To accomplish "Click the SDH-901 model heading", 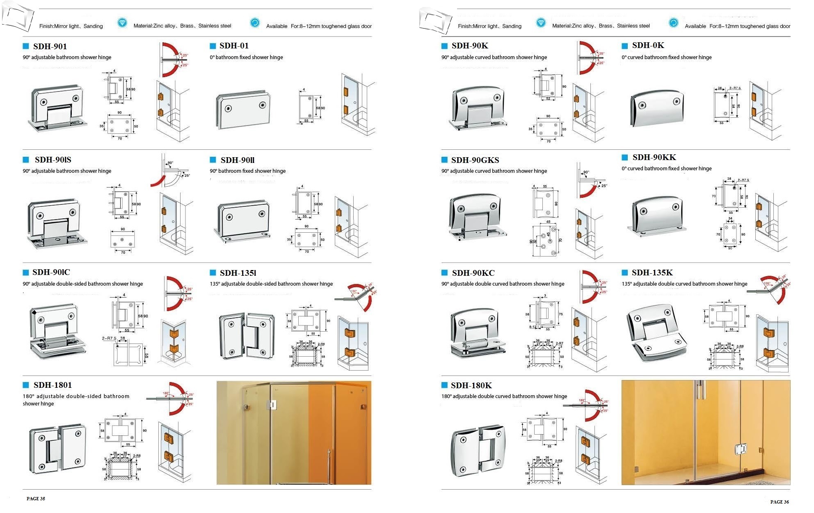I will [x=50, y=46].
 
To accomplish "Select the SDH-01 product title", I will [x=234, y=46].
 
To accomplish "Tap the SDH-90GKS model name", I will [x=475, y=160].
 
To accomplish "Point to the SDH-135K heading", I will [x=652, y=273].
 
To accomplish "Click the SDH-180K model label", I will [x=471, y=385].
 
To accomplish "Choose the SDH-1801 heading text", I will [x=53, y=385].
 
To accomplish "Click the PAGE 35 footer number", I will [x=36, y=499].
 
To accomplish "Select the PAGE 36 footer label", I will [x=779, y=502].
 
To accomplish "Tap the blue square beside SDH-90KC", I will [x=444, y=273].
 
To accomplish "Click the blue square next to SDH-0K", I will [x=625, y=46].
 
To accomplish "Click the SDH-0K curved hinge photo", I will [x=656, y=108].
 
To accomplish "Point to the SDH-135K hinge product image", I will [x=656, y=332].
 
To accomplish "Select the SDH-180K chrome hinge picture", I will [x=478, y=450].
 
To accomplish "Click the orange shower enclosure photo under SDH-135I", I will [x=294, y=433].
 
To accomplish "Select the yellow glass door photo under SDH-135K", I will [x=706, y=433].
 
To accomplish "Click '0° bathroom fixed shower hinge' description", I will [x=246, y=57].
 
